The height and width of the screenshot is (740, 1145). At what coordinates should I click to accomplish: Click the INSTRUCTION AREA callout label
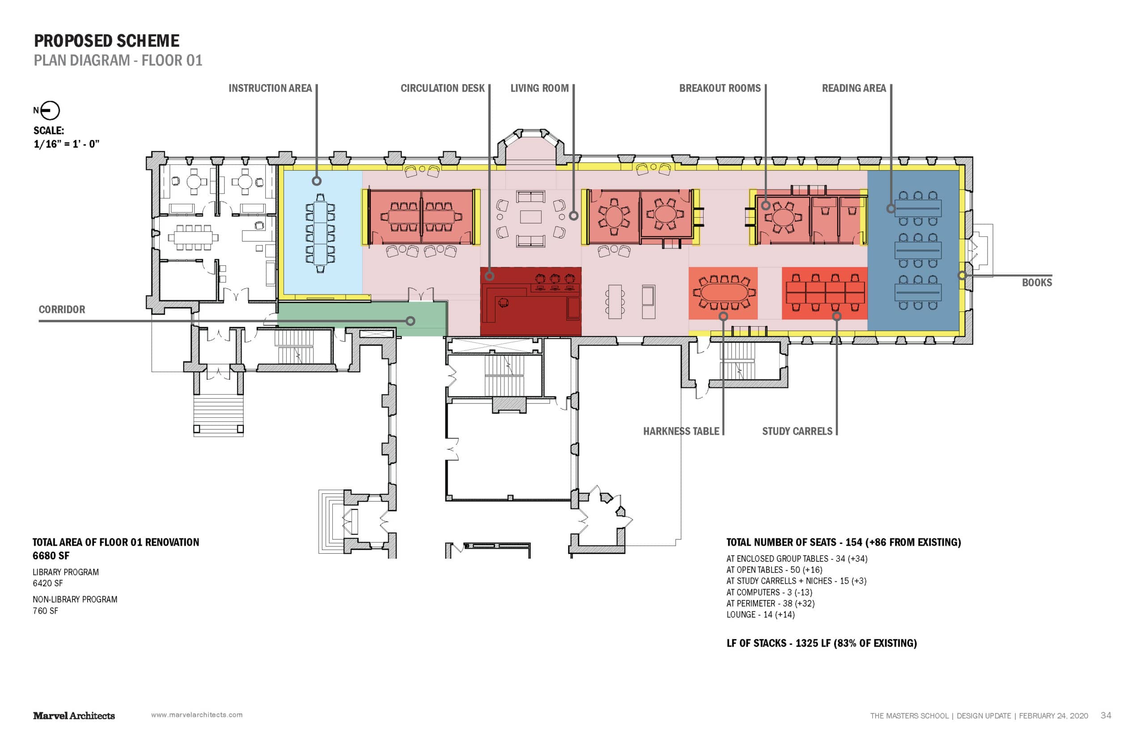click(270, 88)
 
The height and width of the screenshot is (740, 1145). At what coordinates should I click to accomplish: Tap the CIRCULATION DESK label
click(442, 88)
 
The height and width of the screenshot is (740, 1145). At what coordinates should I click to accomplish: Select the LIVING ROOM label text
click(539, 88)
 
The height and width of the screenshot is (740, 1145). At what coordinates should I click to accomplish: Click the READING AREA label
click(853, 88)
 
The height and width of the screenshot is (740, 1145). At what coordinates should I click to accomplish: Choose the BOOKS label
click(1037, 282)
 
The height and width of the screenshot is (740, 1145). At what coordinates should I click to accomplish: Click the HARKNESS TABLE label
click(681, 432)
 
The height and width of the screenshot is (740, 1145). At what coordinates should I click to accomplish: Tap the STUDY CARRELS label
click(797, 432)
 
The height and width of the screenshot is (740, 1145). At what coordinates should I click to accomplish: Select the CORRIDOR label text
click(62, 310)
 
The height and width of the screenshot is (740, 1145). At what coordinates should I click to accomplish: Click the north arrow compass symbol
click(50, 110)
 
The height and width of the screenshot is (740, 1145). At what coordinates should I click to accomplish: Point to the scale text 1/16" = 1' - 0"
click(66, 144)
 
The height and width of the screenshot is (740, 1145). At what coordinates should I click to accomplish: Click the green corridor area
click(362, 318)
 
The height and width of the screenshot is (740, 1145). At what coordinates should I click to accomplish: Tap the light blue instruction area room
click(322, 231)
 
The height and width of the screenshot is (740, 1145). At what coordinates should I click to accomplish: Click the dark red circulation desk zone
click(530, 301)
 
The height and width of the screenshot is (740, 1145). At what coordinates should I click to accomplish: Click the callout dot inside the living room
click(573, 216)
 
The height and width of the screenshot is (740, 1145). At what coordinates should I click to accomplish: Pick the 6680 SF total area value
click(51, 556)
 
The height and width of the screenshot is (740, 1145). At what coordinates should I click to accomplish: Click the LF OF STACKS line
click(821, 643)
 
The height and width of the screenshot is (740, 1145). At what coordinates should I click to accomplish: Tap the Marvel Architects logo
click(74, 716)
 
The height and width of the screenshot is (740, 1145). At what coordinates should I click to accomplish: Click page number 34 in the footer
click(1106, 715)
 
